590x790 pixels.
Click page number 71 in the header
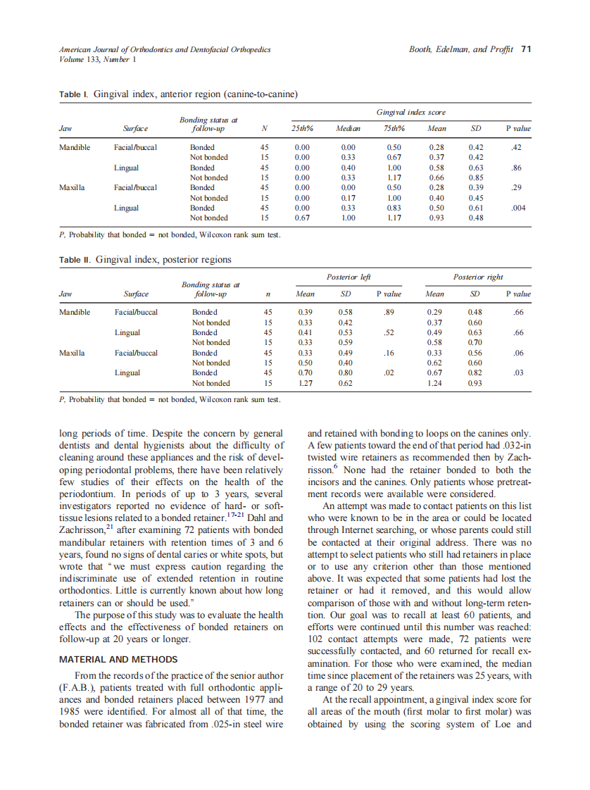pyautogui.click(x=525, y=49)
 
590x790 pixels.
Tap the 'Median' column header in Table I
pyautogui.click(x=348, y=129)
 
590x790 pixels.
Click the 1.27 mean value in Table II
pyautogui.click(x=306, y=384)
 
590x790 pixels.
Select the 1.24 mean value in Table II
pyautogui.click(x=436, y=384)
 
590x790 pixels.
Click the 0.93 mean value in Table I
pyautogui.click(x=436, y=218)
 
